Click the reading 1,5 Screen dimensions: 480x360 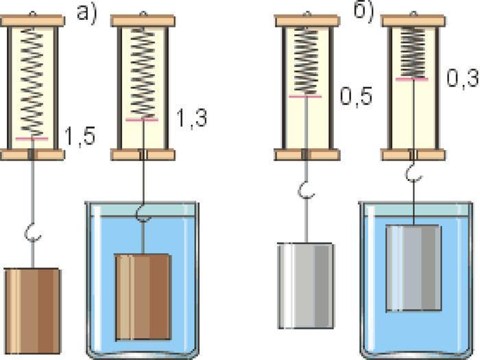[x=80, y=136]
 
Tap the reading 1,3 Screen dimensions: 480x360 [x=192, y=118]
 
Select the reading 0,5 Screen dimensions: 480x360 [x=356, y=97]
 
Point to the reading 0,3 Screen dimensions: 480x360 [x=462, y=78]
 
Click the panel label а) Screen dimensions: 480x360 [x=86, y=14]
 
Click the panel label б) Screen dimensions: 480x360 [x=364, y=13]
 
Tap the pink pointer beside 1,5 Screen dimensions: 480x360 [x=32, y=139]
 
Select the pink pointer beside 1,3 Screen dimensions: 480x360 [x=142, y=120]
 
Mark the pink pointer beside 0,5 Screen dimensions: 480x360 [x=305, y=97]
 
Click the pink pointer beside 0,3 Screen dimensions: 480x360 [x=412, y=80]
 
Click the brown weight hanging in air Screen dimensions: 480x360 [x=32, y=311]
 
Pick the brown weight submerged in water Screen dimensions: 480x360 [x=143, y=297]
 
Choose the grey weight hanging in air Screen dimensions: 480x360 [x=306, y=286]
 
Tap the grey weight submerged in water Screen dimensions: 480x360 [x=413, y=268]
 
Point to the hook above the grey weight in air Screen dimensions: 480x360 [x=306, y=191]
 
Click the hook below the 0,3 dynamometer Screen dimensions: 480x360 [x=414, y=173]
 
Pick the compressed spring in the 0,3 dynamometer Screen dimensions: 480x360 [x=413, y=52]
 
